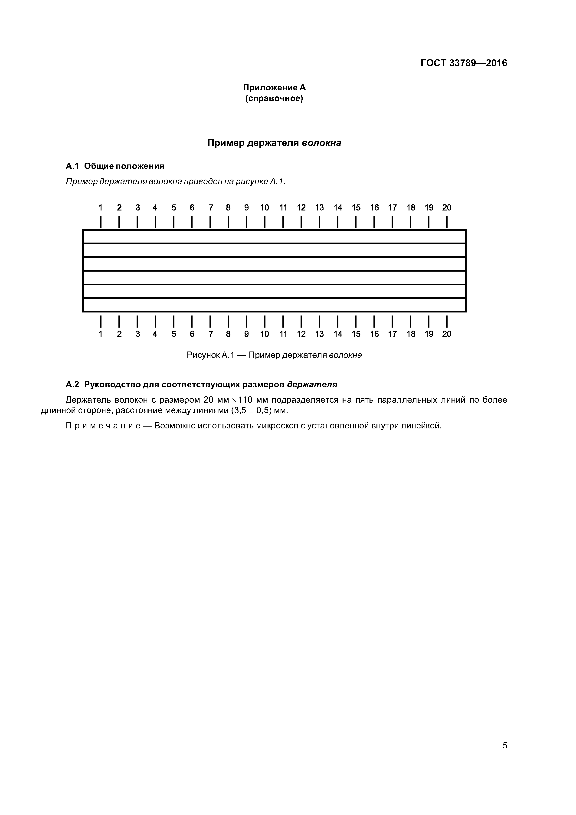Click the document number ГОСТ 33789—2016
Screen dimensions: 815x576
tap(464, 63)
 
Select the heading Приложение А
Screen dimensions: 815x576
tap(274, 87)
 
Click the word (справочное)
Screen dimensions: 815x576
tap(274, 98)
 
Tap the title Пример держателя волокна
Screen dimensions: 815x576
tap(274, 143)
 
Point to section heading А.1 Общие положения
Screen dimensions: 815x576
tap(115, 166)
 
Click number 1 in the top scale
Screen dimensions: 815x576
tap(101, 208)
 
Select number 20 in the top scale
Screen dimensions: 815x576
tap(446, 208)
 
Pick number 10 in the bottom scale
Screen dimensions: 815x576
tap(264, 334)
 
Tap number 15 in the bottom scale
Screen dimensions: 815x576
tap(356, 334)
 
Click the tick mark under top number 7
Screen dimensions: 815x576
tap(210, 222)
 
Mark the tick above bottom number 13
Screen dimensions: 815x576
tap(319, 321)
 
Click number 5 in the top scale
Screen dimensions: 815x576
tap(173, 208)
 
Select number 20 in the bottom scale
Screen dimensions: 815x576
tap(446, 334)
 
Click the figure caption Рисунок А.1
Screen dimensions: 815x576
tap(210, 355)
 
